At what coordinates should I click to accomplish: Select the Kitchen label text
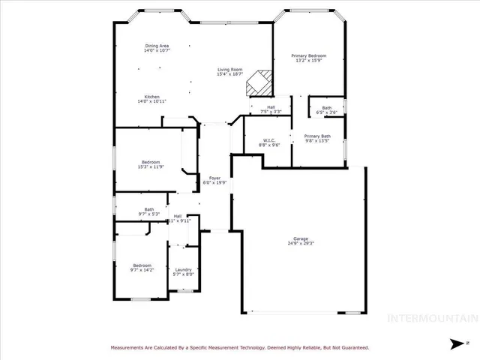click(152, 96)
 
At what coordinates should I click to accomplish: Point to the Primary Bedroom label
click(308, 55)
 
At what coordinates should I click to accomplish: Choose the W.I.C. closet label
click(268, 140)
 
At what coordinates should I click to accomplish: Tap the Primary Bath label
click(316, 135)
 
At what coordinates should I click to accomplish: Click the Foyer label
click(214, 178)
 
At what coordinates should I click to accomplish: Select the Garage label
click(300, 239)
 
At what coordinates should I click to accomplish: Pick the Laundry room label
click(184, 270)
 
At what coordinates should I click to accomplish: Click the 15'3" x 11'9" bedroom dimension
click(150, 167)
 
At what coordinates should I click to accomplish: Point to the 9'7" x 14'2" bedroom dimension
click(142, 270)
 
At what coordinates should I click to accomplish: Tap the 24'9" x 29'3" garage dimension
click(300, 244)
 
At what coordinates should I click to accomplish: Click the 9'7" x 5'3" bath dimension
click(149, 214)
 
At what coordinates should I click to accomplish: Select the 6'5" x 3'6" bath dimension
click(327, 112)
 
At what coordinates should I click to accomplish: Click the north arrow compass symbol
click(455, 344)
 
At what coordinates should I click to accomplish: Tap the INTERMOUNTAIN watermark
click(431, 318)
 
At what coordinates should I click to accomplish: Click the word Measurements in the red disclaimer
click(130, 348)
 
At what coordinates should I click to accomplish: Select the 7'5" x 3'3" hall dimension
click(270, 112)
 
